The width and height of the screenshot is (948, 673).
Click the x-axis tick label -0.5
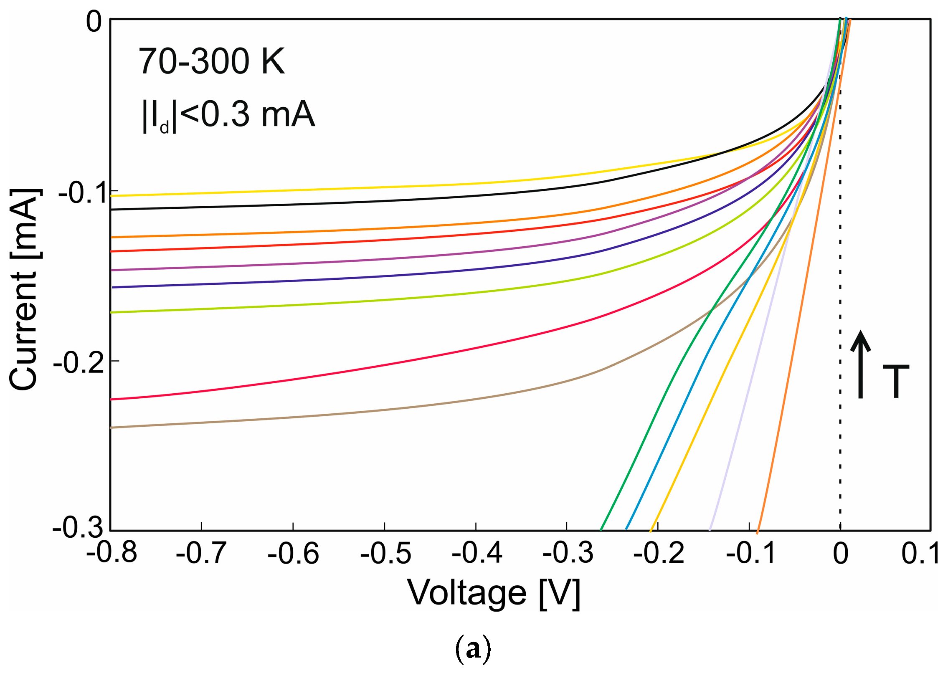pos(385,554)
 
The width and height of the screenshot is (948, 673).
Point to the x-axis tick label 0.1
pos(920,554)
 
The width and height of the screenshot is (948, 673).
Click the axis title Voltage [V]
pos(493,594)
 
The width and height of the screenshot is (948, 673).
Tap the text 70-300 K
pos(211,61)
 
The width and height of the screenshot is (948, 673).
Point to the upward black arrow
pos(860,364)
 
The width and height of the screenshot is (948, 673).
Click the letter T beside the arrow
pos(896,381)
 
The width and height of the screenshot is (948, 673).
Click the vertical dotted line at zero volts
pos(840,292)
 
